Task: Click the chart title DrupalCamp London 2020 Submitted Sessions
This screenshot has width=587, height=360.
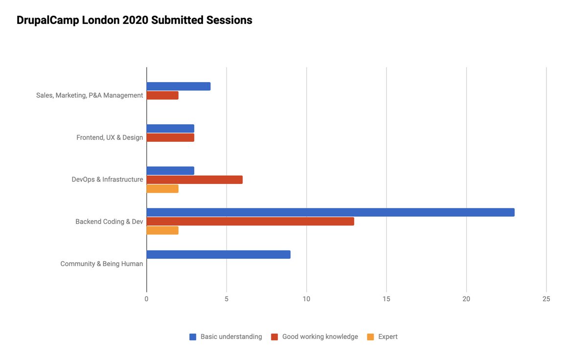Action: tap(135, 21)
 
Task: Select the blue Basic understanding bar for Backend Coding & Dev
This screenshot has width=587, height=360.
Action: tap(330, 212)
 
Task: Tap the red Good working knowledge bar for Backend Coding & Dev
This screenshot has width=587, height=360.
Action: tap(250, 222)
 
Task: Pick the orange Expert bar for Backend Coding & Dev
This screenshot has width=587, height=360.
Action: tap(162, 230)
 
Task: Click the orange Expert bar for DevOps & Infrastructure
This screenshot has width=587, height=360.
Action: tap(162, 189)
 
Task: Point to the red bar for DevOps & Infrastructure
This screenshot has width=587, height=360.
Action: tap(194, 180)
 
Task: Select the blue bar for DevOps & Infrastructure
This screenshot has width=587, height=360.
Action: tap(170, 171)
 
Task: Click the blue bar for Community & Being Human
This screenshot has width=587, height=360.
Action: tap(218, 254)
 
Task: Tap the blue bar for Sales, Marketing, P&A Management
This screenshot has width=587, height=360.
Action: tap(179, 86)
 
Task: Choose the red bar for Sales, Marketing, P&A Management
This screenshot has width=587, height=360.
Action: tap(162, 95)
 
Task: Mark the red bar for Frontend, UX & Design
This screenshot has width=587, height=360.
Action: tap(170, 137)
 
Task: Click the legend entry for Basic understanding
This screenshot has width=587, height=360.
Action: tap(226, 337)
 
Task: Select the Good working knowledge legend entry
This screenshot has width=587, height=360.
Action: tap(315, 337)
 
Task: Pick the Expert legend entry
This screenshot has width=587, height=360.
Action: tap(383, 337)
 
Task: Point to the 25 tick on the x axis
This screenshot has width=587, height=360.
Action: tap(546, 299)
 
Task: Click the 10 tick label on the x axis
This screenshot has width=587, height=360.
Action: tap(306, 299)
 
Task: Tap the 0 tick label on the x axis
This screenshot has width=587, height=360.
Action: tap(147, 299)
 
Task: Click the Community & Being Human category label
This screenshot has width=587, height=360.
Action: tap(102, 264)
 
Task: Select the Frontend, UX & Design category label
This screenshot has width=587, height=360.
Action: tap(110, 137)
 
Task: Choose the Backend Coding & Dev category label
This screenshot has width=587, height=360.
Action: tap(109, 222)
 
